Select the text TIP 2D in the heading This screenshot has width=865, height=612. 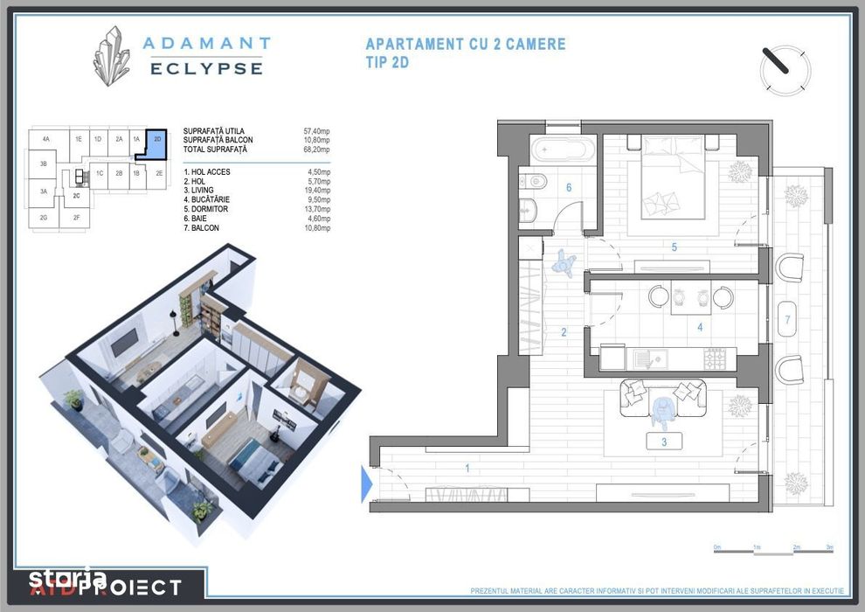386,62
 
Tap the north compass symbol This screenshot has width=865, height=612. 785,70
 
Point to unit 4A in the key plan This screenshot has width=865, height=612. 45,139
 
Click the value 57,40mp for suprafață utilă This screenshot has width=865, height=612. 318,131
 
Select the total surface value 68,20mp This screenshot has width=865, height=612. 318,150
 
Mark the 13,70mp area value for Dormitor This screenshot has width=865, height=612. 318,209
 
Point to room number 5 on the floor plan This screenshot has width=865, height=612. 675,247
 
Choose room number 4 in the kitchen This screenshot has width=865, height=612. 699,328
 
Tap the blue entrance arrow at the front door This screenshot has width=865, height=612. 366,483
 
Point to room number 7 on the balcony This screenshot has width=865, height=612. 787,320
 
